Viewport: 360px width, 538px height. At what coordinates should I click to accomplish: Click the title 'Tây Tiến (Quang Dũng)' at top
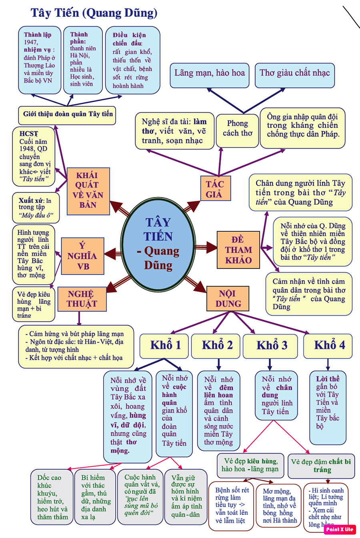click(x=94, y=13)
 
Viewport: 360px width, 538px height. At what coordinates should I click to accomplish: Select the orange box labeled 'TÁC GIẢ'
click(x=215, y=189)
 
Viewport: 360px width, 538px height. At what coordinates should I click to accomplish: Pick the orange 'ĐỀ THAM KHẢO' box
click(x=238, y=250)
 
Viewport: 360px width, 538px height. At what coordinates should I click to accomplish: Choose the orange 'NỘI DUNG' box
click(x=227, y=299)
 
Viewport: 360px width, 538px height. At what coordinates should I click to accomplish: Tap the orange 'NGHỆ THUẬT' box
click(x=82, y=299)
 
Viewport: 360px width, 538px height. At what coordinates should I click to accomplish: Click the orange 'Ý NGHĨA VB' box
click(x=82, y=256)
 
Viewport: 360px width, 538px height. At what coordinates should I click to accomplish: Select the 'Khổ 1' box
click(x=164, y=345)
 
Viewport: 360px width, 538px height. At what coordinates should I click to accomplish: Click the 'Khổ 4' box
click(x=328, y=345)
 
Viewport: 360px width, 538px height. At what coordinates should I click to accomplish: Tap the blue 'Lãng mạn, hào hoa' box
click(x=209, y=74)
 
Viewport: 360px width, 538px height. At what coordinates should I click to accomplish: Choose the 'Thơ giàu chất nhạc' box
click(x=294, y=74)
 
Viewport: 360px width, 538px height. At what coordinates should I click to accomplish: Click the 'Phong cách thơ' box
click(x=237, y=129)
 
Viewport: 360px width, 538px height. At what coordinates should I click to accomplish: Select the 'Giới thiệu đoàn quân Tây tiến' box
click(x=67, y=115)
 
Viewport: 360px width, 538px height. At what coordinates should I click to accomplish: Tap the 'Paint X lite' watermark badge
click(x=340, y=529)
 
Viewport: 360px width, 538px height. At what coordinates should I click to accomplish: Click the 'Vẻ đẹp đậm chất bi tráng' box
click(x=322, y=466)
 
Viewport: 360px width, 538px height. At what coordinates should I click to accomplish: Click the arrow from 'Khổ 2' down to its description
click(x=218, y=364)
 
